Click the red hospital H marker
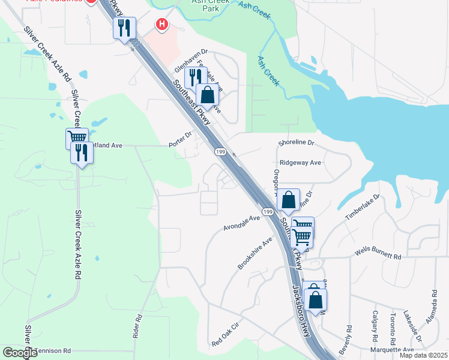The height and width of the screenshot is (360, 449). [x=161, y=25]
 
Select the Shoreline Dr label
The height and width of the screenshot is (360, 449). [x=297, y=143]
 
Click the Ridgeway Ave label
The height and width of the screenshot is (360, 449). [x=300, y=163]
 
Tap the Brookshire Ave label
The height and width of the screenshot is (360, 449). [x=255, y=253]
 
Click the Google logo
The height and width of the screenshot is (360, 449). [x=20, y=353]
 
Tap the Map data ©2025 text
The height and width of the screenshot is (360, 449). [x=423, y=355]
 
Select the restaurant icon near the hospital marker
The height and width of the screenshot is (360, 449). [x=124, y=28]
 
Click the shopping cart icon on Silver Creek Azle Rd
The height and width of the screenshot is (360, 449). [x=77, y=137]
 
